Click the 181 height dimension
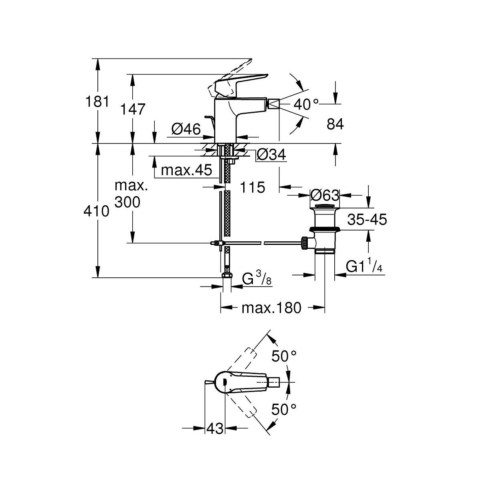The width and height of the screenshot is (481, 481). (97, 102)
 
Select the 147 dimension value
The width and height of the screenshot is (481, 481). (133, 109)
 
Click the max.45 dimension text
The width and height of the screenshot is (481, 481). (186, 170)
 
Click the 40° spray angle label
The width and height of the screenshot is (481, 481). (306, 105)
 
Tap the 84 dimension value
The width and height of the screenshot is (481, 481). (335, 124)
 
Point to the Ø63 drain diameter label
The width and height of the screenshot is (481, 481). (325, 195)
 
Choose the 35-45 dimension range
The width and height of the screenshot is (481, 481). (367, 219)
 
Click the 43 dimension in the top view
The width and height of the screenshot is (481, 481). (215, 428)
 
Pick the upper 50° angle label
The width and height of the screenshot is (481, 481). (284, 355)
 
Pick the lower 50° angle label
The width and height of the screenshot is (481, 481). (284, 409)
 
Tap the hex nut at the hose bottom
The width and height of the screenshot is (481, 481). (226, 276)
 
